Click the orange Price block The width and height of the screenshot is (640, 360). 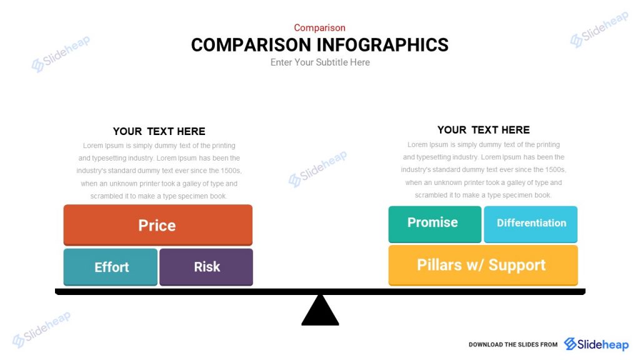coord(157,225)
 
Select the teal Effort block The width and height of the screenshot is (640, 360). coord(111,267)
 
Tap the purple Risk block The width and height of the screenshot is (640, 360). coord(206,267)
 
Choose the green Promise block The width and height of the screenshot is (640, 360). coord(432,223)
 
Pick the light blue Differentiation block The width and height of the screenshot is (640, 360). coord(531,223)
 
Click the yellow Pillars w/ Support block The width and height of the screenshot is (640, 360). coord(482,265)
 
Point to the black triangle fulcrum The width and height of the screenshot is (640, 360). coord(320,312)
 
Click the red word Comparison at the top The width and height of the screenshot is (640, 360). coord(319,27)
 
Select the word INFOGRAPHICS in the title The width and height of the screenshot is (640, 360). coord(382,45)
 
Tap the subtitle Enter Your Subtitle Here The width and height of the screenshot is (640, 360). coord(320,62)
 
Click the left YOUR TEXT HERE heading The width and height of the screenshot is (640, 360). coord(159,131)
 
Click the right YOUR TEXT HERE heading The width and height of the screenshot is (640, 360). coord(483,130)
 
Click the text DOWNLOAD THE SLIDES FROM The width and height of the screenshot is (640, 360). coord(512,345)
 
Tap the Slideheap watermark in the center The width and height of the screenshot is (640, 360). coord(317,169)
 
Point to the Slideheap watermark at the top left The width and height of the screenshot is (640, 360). coord(61,54)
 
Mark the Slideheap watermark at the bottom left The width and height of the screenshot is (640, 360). coord(42,329)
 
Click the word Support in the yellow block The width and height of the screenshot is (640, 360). coord(517,265)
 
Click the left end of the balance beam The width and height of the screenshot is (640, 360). coord(60,291)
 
